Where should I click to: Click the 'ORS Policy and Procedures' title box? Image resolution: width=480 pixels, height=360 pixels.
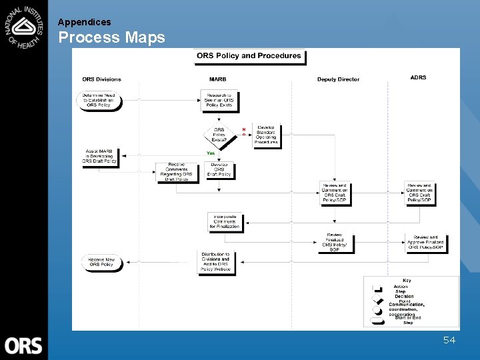click(249, 56)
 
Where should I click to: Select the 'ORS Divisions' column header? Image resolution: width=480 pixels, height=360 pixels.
click(101, 79)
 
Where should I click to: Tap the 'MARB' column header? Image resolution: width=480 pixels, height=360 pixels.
click(217, 79)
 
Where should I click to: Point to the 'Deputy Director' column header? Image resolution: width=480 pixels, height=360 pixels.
click(338, 79)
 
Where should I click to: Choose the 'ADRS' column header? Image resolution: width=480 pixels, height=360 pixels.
click(418, 77)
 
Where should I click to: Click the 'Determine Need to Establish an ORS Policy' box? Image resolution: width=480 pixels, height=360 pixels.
click(99, 100)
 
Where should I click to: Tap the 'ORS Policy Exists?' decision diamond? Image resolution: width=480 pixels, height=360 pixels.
click(219, 135)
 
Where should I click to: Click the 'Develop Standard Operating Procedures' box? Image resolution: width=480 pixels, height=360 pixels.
click(266, 135)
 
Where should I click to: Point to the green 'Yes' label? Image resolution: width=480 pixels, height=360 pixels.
click(211, 153)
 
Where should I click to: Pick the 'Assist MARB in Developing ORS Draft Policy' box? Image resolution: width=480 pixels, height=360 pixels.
click(99, 156)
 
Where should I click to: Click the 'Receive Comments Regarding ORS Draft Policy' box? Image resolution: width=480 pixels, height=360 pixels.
click(177, 172)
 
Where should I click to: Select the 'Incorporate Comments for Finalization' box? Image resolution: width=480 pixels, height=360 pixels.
click(225, 222)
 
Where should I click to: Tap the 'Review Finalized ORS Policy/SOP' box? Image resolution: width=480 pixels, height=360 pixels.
click(335, 243)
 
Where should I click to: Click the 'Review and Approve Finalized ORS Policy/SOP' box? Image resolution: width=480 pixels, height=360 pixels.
click(425, 242)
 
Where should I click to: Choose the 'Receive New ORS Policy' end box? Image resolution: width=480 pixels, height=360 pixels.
click(101, 263)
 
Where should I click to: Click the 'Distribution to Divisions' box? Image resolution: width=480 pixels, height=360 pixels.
click(217, 262)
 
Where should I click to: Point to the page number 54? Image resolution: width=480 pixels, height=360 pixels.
click(449, 340)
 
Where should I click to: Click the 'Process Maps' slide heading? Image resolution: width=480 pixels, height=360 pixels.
click(111, 37)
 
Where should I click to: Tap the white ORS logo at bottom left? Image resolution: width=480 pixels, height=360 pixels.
click(23, 345)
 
